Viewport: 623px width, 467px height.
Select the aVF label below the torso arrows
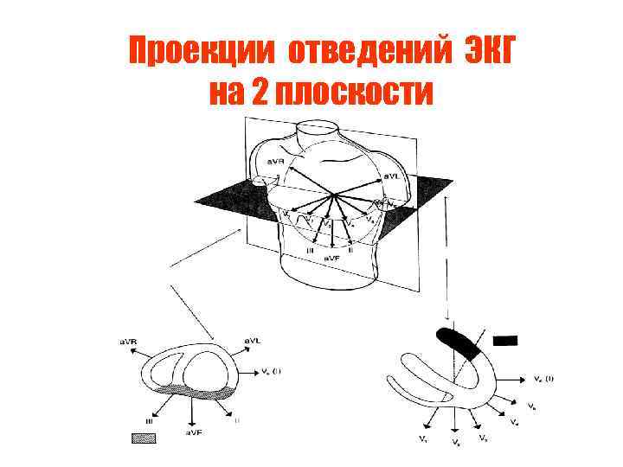pos(331,259)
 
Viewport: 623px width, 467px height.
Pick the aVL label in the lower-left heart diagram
pos(254,343)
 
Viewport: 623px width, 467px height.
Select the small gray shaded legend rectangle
pos(144,438)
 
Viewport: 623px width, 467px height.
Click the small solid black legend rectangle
pos(504,340)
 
